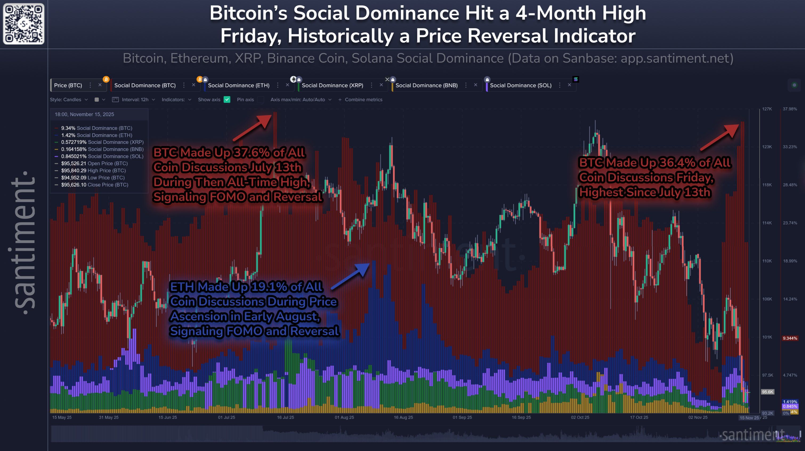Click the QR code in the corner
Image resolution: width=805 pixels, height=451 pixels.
[x=23, y=24]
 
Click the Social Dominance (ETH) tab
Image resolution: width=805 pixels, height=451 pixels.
[x=238, y=85]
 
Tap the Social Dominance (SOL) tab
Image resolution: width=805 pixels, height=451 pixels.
[x=520, y=85]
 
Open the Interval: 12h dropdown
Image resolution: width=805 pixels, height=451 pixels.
[x=137, y=100]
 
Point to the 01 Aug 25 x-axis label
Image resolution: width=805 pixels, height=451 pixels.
[x=344, y=417]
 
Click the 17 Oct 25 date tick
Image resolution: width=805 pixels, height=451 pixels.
[x=639, y=417]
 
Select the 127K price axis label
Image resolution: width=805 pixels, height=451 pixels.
[x=767, y=109]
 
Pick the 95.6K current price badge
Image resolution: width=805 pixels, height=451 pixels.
[x=767, y=392]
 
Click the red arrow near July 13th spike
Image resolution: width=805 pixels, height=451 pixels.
[x=253, y=128]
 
